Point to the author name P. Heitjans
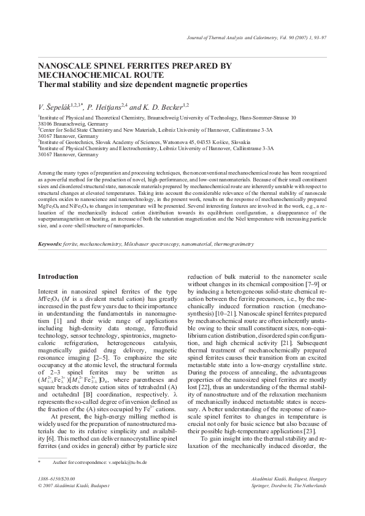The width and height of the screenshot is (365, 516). point(106,105)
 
